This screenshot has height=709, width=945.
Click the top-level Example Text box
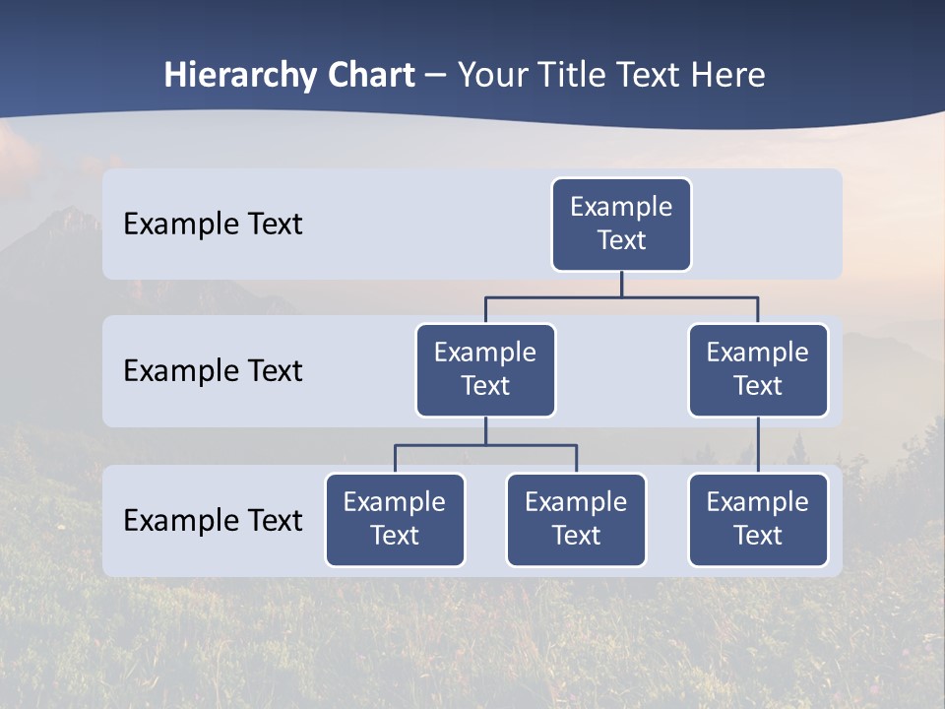[621, 224]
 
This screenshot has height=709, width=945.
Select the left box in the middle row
[485, 369]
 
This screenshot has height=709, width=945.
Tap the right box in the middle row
[758, 369]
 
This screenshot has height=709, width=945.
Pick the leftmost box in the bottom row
[395, 519]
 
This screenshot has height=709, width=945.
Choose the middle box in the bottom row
[576, 519]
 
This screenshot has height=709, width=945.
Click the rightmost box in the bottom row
[758, 519]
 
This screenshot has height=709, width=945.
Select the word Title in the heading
[573, 76]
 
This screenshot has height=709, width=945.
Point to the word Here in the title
[730, 76]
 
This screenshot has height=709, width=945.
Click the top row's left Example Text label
[213, 224]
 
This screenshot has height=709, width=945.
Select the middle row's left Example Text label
[213, 370]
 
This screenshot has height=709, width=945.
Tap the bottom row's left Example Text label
[213, 520]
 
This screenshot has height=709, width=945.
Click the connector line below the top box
[621, 284]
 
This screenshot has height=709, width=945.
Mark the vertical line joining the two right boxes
[758, 445]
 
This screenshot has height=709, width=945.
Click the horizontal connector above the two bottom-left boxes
[485, 445]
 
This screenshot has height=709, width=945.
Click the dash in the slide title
[436, 76]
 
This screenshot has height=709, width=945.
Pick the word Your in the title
[492, 76]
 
